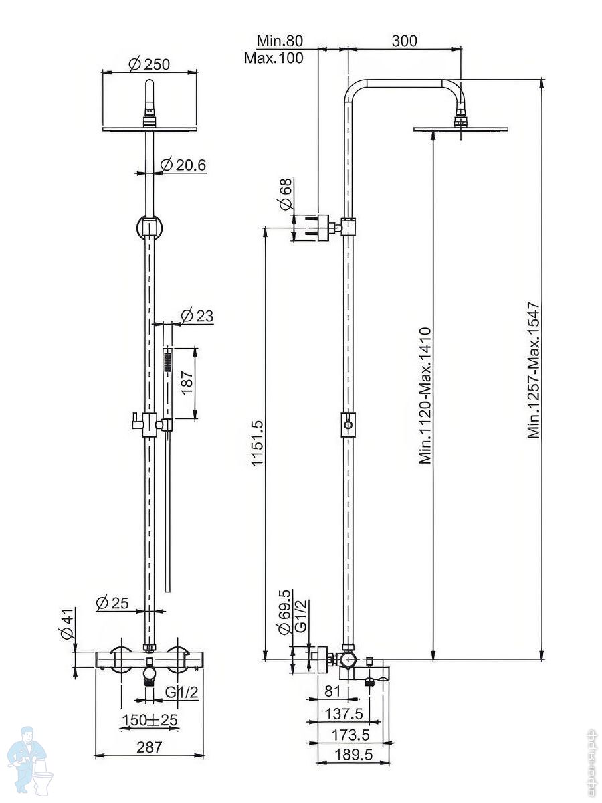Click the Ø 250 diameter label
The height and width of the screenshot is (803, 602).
pyautogui.click(x=149, y=64)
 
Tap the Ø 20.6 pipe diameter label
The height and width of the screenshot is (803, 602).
pyautogui.click(x=183, y=165)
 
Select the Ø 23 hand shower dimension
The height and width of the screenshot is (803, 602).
pyautogui.click(x=197, y=316)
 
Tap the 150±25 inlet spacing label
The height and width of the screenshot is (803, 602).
pyautogui.click(x=150, y=720)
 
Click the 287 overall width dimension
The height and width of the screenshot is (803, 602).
pyautogui.click(x=149, y=747)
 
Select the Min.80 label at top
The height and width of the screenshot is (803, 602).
pyautogui.click(x=280, y=41)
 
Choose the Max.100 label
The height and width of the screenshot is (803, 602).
pyautogui.click(x=274, y=58)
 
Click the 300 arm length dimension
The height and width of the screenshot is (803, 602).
pyautogui.click(x=404, y=41)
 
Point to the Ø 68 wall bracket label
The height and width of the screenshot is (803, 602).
pyautogui.click(x=286, y=194)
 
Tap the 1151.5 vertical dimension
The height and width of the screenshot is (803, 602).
pyautogui.click(x=258, y=443)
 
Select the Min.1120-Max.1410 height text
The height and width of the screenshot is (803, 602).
pyautogui.click(x=425, y=395)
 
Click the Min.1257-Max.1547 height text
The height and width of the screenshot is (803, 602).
pyautogui.click(x=534, y=369)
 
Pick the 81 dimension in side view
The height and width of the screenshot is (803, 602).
pyautogui.click(x=332, y=691)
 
